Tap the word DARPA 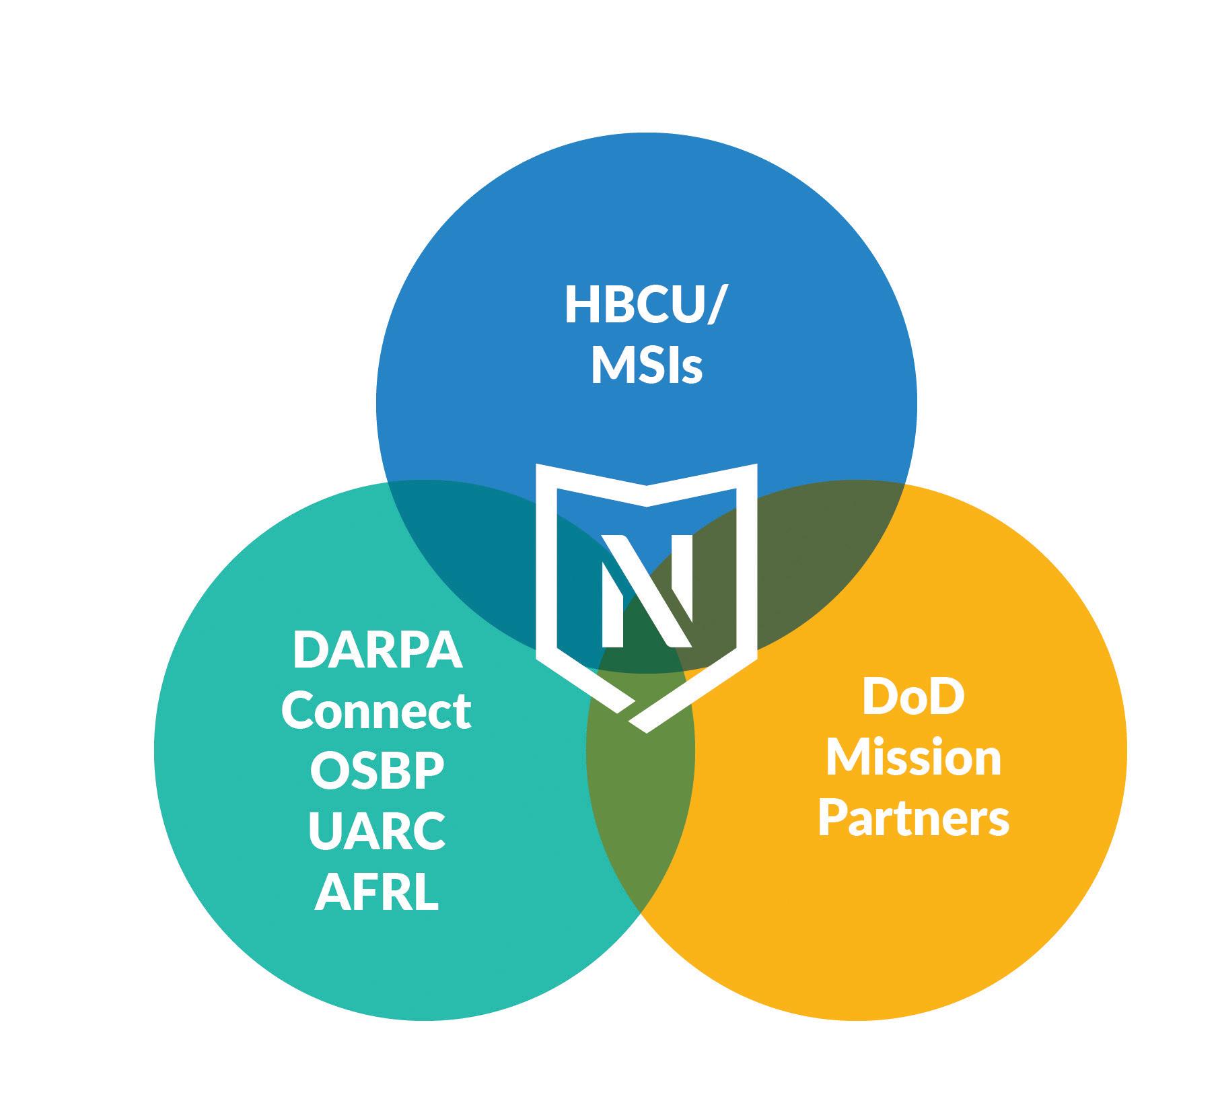pyautogui.click(x=378, y=651)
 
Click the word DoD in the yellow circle pyautogui.click(x=913, y=698)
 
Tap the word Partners pyautogui.click(x=913, y=818)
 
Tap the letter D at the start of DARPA pyautogui.click(x=308, y=651)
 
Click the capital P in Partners pyautogui.click(x=832, y=818)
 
